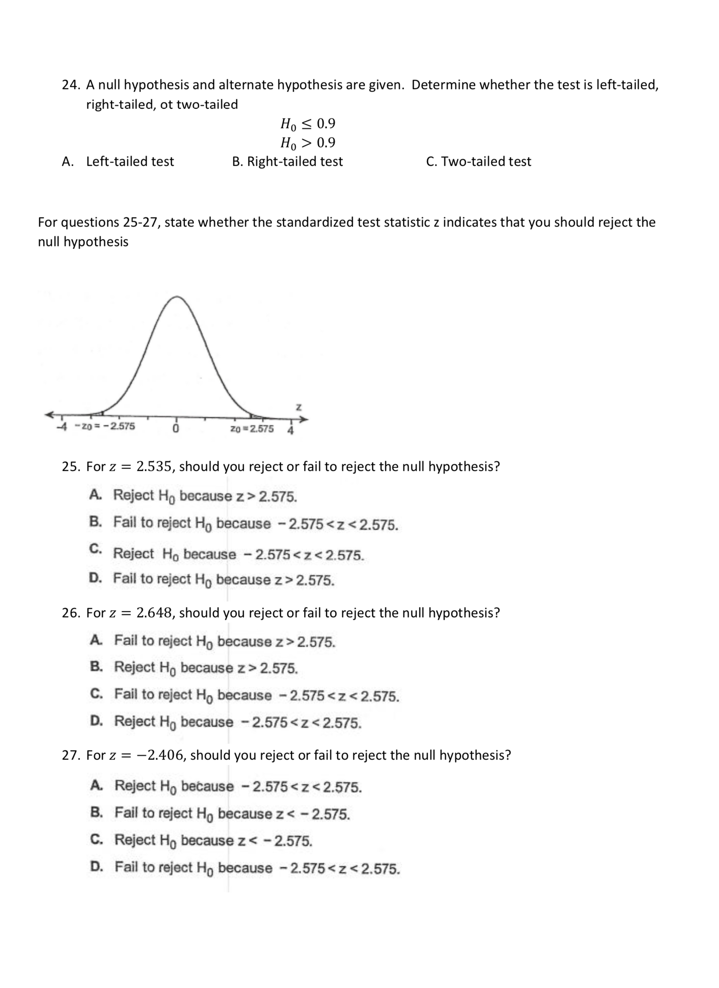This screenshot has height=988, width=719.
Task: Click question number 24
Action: [x=70, y=85]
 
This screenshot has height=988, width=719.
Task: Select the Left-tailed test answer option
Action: [x=129, y=161]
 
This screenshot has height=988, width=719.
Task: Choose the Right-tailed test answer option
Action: [x=294, y=161]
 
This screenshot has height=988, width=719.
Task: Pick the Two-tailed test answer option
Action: [x=486, y=161]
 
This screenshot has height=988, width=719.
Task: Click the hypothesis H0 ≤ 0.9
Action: [x=308, y=124]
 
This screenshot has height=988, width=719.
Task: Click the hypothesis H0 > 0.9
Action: [x=308, y=143]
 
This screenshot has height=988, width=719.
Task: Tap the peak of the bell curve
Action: [x=177, y=297]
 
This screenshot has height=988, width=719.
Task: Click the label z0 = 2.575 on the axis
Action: [x=252, y=429]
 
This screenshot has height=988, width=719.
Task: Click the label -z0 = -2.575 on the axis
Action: [x=105, y=426]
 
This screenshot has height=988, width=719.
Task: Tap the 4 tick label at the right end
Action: [x=291, y=430]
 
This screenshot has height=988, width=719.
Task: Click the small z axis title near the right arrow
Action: [x=299, y=407]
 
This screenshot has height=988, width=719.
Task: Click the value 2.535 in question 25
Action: [x=153, y=467]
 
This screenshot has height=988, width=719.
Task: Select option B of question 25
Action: [x=255, y=523]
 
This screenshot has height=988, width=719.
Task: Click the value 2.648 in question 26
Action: [x=153, y=612]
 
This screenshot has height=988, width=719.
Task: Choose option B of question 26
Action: [x=206, y=667]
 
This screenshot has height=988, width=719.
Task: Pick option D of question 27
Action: [x=257, y=867]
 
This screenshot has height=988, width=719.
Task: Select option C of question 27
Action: [x=213, y=840]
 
